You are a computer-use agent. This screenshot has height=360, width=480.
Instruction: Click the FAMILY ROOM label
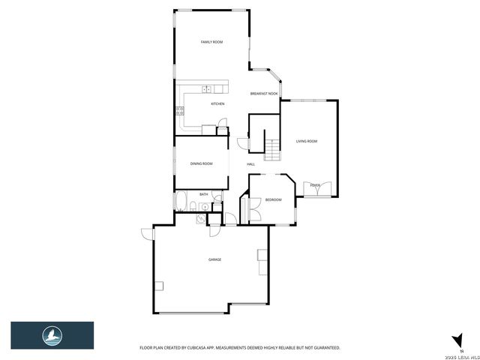(211, 43)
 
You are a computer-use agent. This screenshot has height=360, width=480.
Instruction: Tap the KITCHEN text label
(217, 104)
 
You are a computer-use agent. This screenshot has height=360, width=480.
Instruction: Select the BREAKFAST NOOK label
(264, 94)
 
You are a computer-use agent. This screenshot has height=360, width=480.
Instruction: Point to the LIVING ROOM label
(307, 141)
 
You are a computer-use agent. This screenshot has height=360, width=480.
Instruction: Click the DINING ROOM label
(201, 163)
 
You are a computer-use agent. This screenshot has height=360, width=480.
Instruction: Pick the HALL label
(250, 164)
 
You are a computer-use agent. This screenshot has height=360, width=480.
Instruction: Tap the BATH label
(203, 194)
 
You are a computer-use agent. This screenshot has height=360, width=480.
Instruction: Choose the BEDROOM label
(273, 199)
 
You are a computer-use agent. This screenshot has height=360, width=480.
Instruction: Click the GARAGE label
(214, 259)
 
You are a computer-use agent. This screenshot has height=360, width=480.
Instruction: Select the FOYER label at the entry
(315, 184)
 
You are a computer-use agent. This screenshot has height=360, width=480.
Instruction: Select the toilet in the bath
(193, 208)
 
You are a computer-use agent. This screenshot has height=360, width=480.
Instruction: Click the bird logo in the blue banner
(52, 334)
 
